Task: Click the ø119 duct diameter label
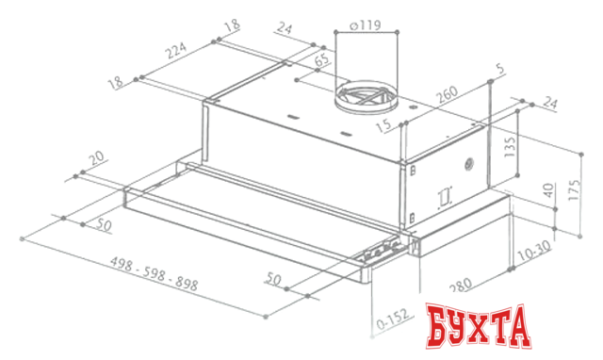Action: click(365, 26)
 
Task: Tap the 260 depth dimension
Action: click(448, 94)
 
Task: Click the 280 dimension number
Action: click(460, 286)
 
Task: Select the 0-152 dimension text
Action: click(392, 322)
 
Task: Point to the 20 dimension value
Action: click(94, 160)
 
